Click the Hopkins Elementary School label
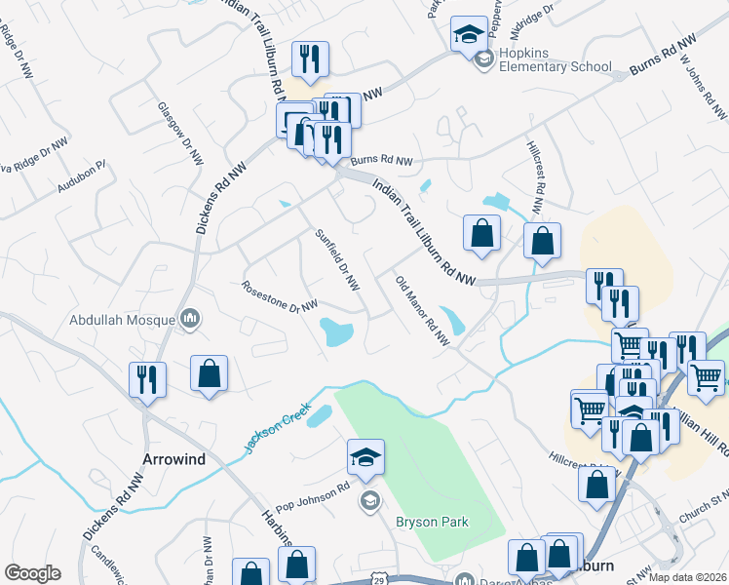pyautogui.click(x=555, y=59)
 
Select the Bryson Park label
pyautogui.click(x=432, y=522)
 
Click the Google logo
pyautogui.click(x=32, y=573)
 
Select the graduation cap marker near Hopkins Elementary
pyautogui.click(x=468, y=34)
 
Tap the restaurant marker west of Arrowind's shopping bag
pyautogui.click(x=148, y=379)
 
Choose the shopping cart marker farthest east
pyautogui.click(x=706, y=376)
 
